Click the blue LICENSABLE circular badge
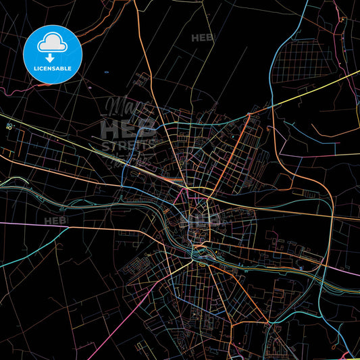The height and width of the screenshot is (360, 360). (x=53, y=53)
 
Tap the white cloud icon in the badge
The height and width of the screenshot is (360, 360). (x=53, y=43)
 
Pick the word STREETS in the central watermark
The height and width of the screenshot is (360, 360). (x=128, y=145)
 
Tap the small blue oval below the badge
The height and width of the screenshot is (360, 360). (x=107, y=72)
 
